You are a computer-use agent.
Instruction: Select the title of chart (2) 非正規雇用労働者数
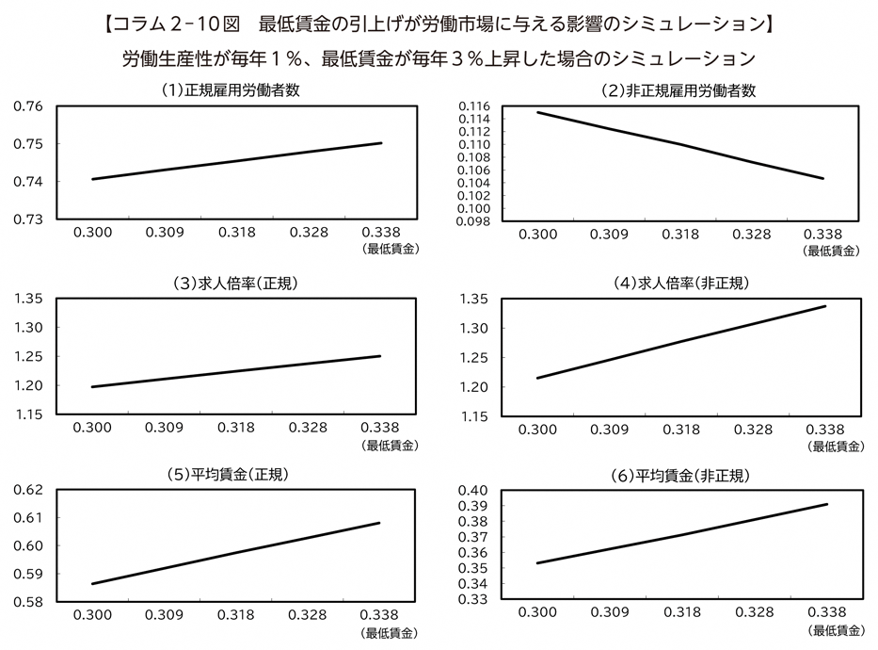pyautogui.click(x=678, y=90)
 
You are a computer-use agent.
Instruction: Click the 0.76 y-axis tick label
pyautogui.click(x=28, y=106)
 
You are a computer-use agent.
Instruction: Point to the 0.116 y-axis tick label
pyautogui.click(x=472, y=106)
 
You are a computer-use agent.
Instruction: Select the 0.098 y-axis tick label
pyautogui.click(x=472, y=221)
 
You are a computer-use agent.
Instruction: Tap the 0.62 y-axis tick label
pyautogui.click(x=28, y=490)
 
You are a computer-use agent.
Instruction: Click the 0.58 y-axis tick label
pyautogui.click(x=28, y=602)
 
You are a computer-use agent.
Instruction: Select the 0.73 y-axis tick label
pyautogui.click(x=28, y=219)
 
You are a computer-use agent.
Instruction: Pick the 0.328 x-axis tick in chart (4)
pyautogui.click(x=753, y=428)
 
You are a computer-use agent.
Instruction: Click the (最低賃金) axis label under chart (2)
pyautogui.click(x=831, y=251)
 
